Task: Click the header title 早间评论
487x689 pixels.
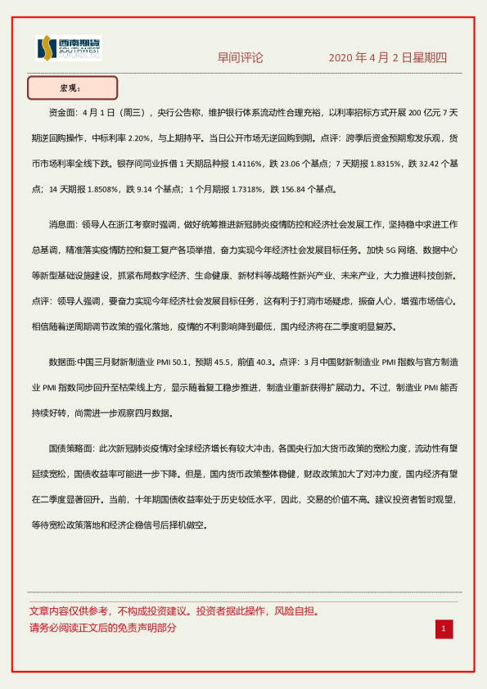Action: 240,58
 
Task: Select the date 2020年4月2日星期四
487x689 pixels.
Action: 388,58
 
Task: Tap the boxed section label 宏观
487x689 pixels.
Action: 72,88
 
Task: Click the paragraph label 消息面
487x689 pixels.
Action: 65,223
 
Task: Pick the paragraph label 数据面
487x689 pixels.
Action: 65,361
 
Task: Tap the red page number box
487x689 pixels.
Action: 443,628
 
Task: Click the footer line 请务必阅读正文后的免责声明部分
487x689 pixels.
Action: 102,628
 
